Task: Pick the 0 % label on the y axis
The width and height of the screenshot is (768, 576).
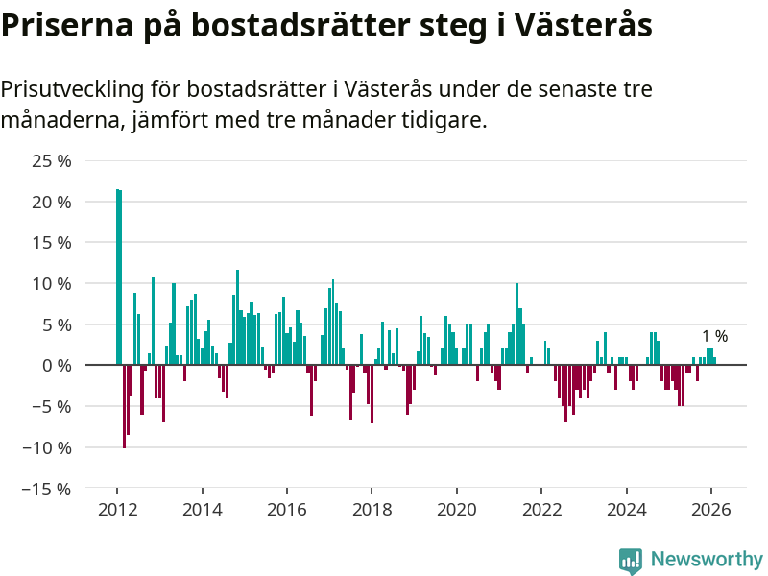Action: [56, 366]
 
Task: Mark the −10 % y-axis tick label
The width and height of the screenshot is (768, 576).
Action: [47, 447]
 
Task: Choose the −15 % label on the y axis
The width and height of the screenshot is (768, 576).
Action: [47, 489]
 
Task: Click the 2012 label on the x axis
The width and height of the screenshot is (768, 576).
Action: [116, 510]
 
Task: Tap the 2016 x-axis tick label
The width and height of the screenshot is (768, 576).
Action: [286, 510]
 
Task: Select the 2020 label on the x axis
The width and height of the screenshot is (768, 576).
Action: [456, 510]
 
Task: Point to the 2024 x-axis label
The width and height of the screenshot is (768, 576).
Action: [626, 510]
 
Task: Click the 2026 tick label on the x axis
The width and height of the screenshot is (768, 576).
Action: [710, 510]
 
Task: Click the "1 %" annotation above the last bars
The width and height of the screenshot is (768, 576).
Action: [714, 337]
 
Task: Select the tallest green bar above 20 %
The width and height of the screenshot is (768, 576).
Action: [118, 278]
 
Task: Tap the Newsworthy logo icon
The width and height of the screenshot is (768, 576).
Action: [631, 561]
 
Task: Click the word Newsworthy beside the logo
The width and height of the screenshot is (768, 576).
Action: [707, 559]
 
